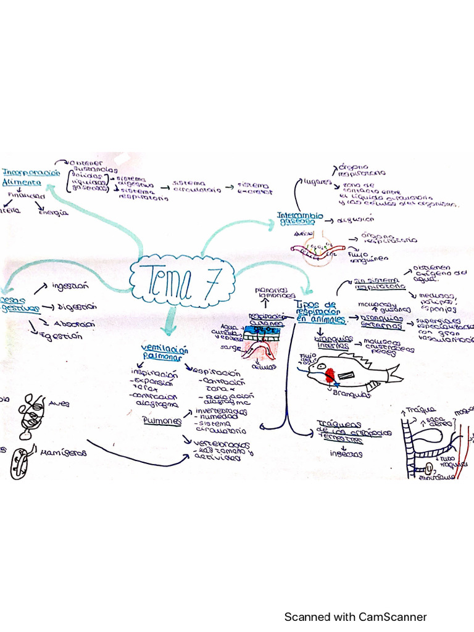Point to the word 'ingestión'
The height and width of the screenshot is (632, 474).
70,286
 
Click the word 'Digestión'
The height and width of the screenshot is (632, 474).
77,306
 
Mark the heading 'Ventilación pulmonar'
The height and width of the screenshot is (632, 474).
161,352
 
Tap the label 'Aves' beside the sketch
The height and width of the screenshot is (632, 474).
60,404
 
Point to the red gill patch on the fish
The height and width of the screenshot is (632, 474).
331,374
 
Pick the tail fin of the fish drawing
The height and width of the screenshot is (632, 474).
394,373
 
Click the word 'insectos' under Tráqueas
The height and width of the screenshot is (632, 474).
341,454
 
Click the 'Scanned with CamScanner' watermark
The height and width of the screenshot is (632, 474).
355,617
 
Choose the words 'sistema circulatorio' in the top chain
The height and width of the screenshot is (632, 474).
197,186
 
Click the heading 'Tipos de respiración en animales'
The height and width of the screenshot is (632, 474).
321,312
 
